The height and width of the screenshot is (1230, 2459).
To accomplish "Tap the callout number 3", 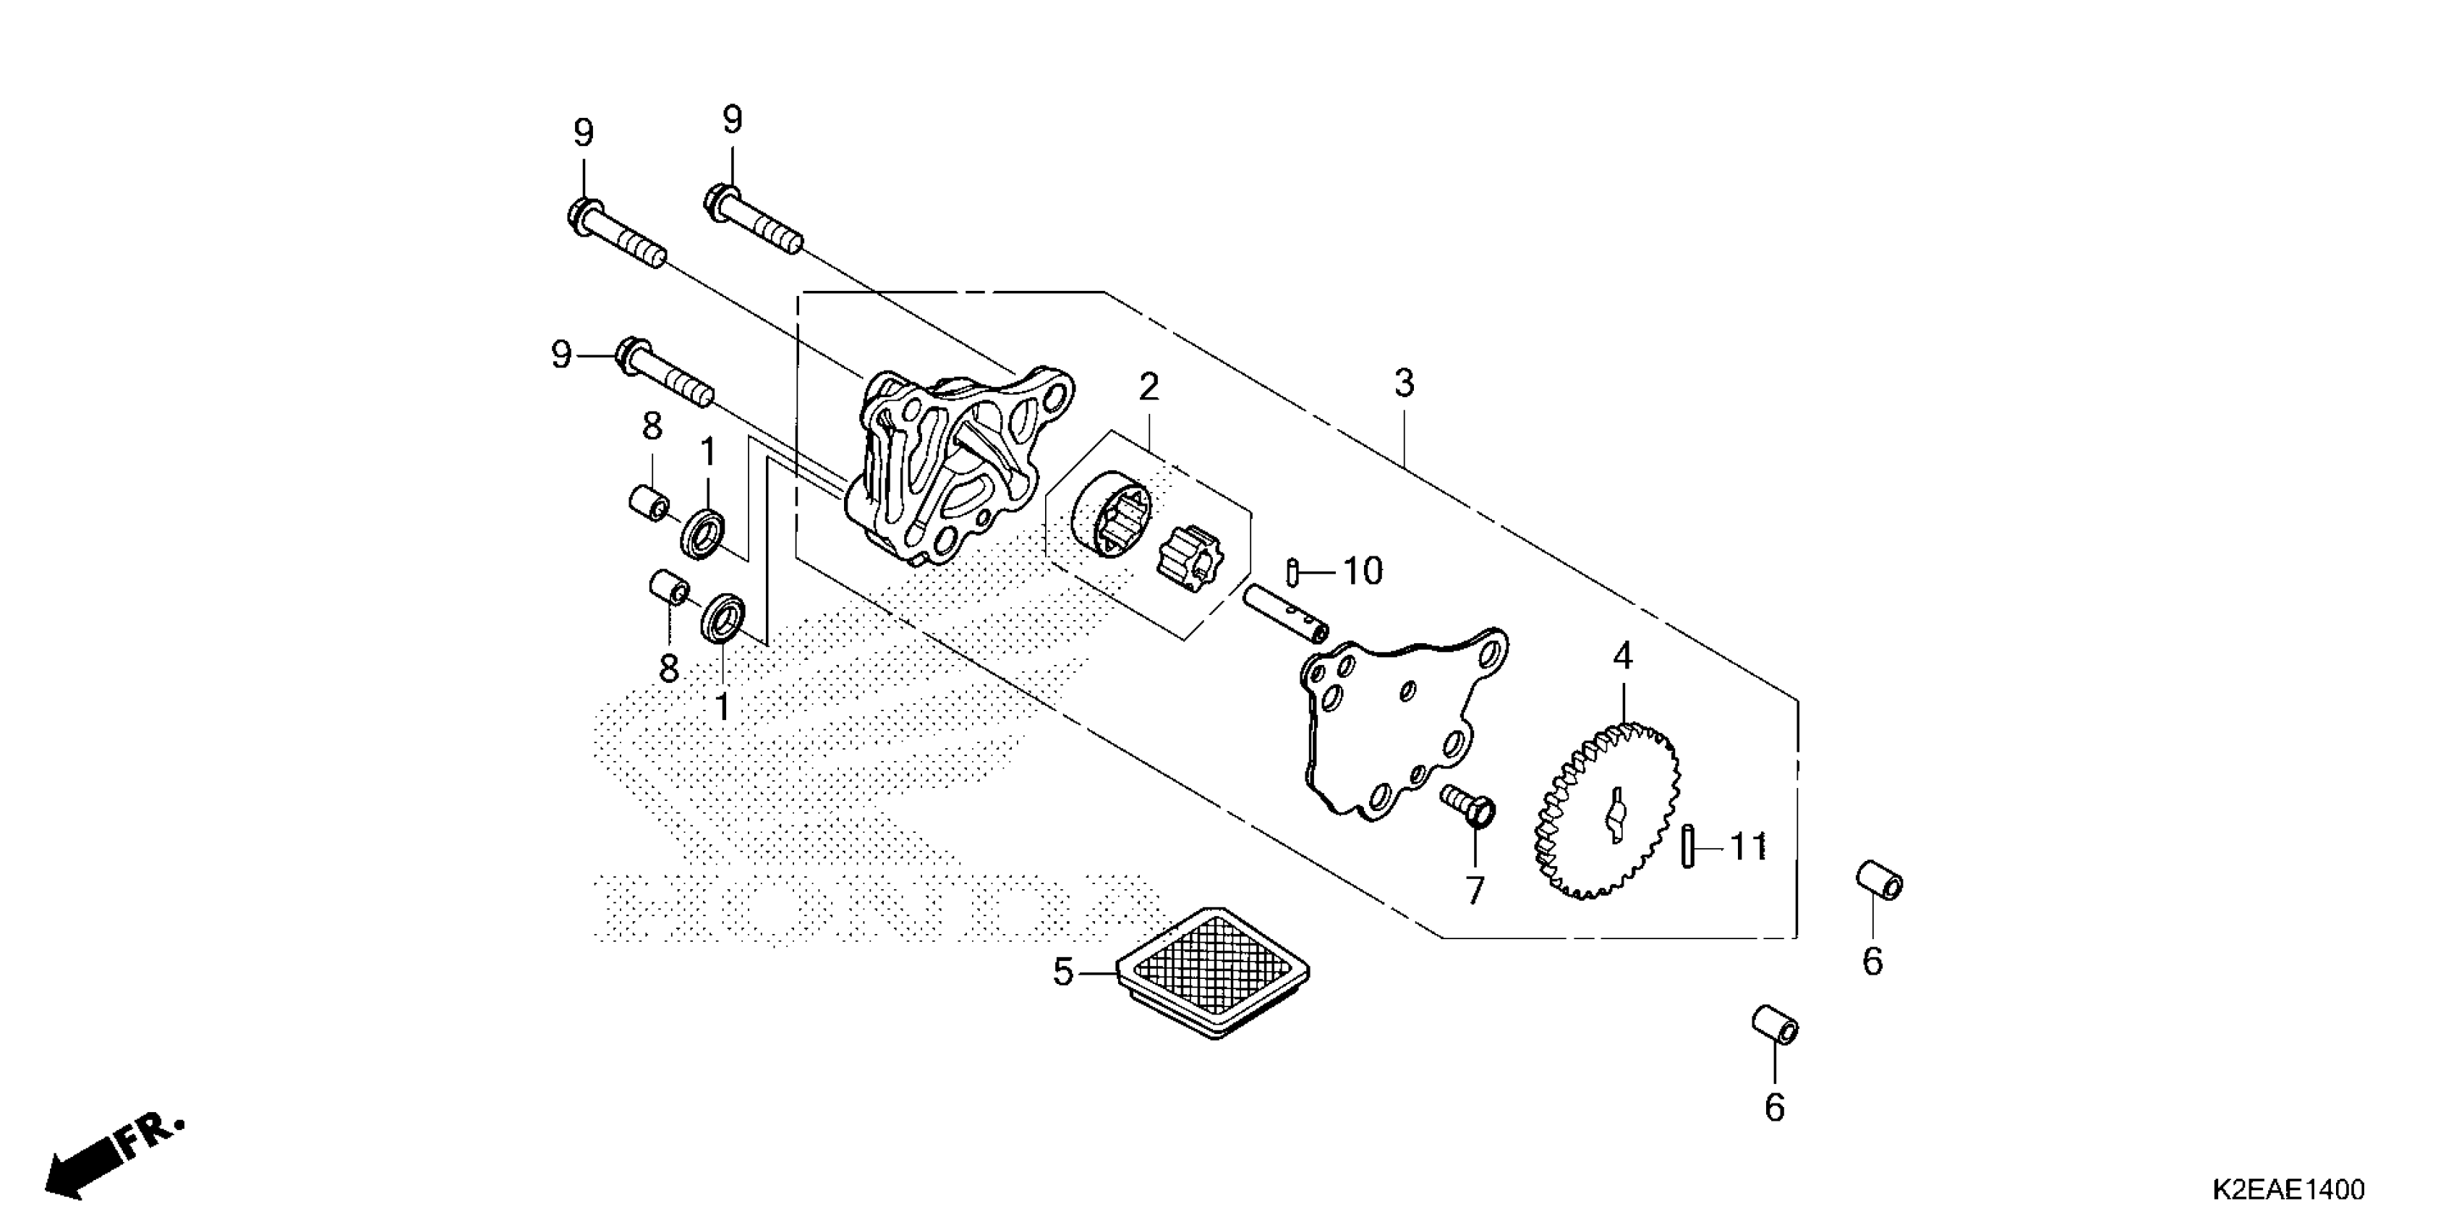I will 1403,384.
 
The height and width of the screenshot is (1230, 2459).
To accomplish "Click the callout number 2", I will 1148,387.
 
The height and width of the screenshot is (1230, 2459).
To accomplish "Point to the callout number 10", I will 1362,571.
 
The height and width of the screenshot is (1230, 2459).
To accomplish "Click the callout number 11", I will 1748,847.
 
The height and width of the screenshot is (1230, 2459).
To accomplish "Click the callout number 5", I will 1063,973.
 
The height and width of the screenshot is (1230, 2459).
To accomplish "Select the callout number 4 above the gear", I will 1623,656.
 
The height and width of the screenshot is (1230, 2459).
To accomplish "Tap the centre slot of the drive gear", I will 1614,815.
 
